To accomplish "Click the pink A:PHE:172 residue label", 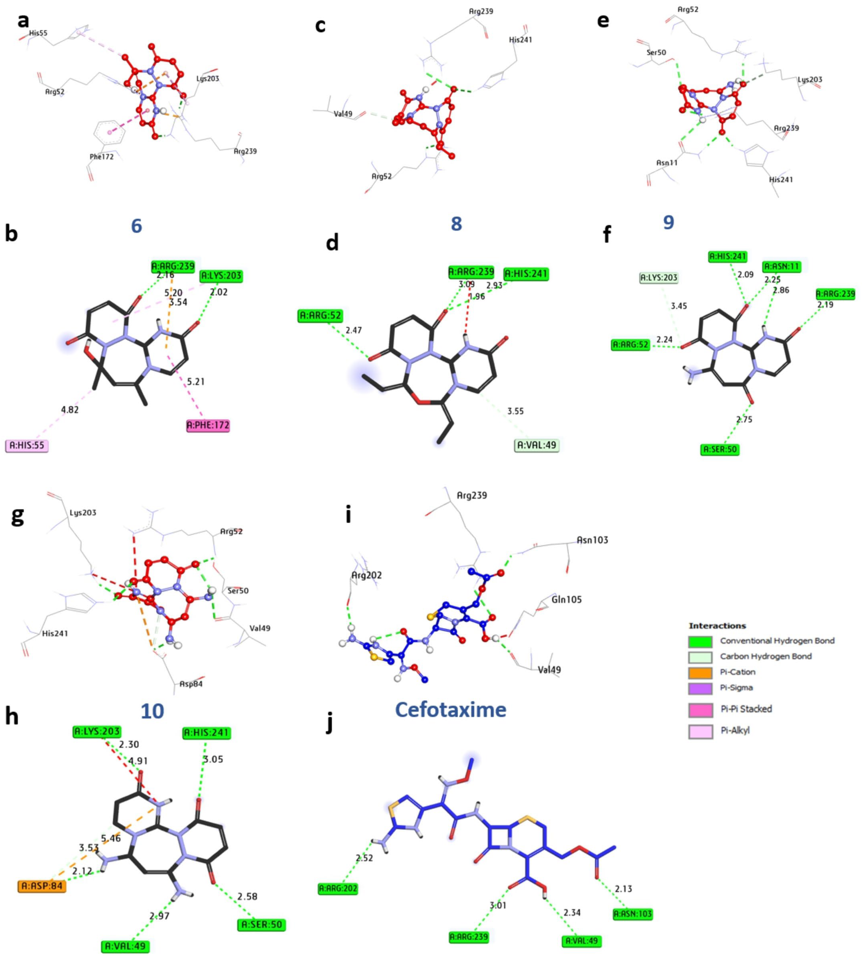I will point(208,425).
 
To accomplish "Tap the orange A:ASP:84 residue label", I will point(42,886).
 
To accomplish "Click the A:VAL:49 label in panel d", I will point(537,445).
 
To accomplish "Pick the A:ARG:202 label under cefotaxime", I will point(338,889).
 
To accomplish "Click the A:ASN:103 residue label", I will point(632,913).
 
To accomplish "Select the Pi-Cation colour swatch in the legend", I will point(700,672).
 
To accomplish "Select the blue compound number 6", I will point(136,226).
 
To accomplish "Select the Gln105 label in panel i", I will point(567,600).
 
